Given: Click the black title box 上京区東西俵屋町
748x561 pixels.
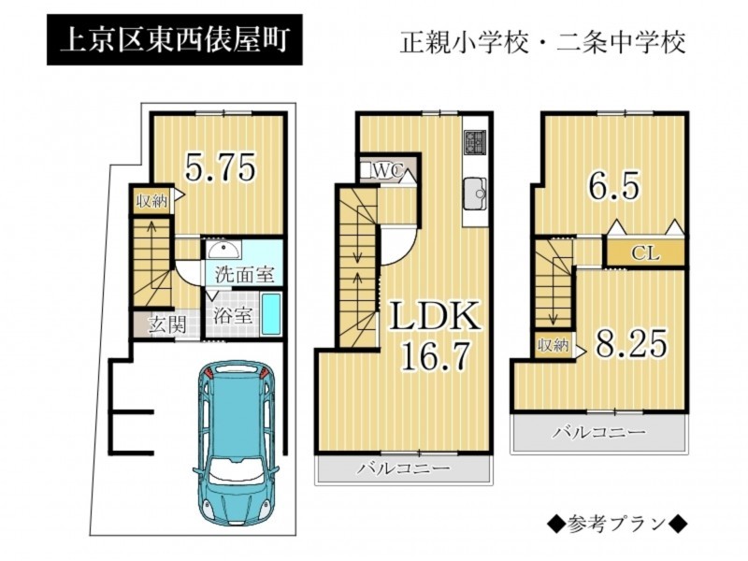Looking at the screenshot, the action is pos(175,39).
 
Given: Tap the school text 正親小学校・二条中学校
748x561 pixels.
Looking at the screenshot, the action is pos(543,42).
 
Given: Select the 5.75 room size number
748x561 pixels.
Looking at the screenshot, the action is pos(221,167).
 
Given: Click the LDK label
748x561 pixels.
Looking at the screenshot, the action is pos(435,316).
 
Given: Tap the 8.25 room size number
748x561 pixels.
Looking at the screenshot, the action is pos(631,343).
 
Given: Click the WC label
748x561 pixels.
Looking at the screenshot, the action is pos(389,170).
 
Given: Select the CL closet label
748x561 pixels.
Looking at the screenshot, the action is pos(645,252).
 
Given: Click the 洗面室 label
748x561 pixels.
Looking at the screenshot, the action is pos(244,274).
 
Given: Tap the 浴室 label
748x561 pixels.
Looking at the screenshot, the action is pos(232,315).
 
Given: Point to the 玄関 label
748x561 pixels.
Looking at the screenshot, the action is pos(166,324).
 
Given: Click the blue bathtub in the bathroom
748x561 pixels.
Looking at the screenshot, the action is pos(272,315).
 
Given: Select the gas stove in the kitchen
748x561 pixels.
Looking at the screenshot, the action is pos(476,141).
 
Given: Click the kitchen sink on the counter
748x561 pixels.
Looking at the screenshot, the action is pos(475,194).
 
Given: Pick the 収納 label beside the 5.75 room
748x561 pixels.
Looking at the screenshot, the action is pos(152,201).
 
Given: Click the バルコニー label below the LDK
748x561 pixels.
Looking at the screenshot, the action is pos(404,467).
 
